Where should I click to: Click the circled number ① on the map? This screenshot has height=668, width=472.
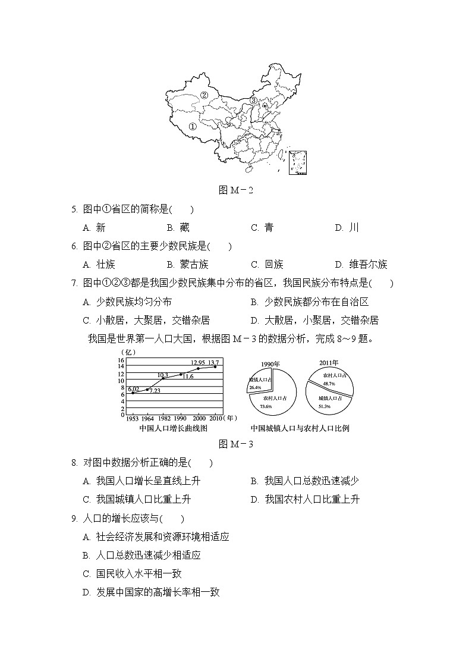[192, 126]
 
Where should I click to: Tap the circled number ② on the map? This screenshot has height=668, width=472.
[204, 95]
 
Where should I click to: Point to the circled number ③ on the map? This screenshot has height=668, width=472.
[253, 101]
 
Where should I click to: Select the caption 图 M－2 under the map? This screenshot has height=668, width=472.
[236, 190]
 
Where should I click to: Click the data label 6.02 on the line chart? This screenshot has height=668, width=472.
[133, 389]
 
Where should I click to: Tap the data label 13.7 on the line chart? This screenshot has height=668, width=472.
[213, 362]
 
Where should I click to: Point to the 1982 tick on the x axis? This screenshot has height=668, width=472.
[164, 419]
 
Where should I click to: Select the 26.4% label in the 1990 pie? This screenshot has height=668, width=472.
[256, 387]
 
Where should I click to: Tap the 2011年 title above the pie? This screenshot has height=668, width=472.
[328, 362]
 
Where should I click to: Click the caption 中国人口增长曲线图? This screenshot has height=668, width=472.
[173, 428]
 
